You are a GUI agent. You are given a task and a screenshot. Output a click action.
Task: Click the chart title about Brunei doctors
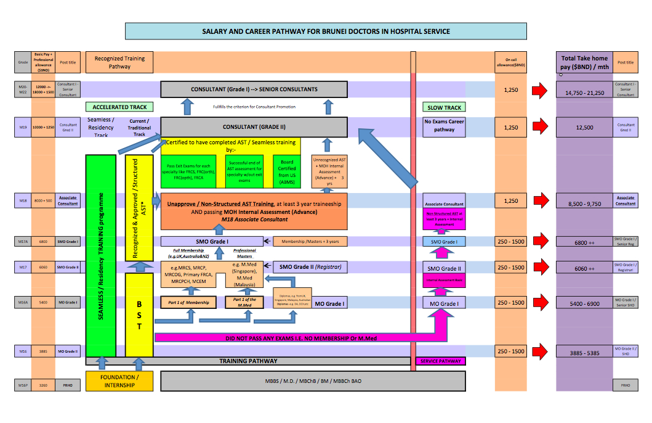coord(326,31)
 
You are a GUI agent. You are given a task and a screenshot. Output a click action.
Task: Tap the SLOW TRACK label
coord(444,107)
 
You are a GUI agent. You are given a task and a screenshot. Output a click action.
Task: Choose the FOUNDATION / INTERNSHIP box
coord(119,380)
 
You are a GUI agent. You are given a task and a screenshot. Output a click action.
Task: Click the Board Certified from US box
coord(286,171)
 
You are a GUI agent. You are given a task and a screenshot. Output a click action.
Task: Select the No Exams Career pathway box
coord(444,126)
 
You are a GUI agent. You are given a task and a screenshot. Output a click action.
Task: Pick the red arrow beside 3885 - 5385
coord(540,351)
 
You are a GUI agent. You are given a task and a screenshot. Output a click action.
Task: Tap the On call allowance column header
coord(510,62)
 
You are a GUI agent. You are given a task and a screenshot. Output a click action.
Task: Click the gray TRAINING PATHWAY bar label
coord(248,361)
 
